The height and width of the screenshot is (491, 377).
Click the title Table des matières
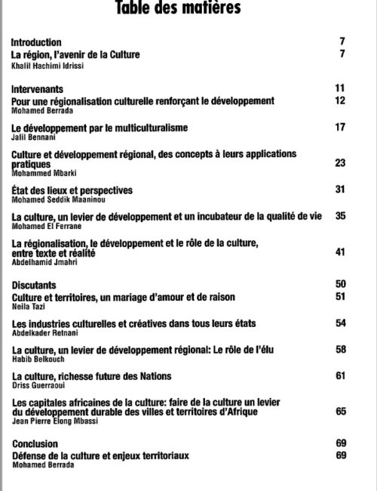178,9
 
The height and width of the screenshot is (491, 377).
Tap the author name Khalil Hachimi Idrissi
50,66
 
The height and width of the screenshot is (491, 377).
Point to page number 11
339,89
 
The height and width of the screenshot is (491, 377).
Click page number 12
339,100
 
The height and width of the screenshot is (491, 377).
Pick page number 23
339,162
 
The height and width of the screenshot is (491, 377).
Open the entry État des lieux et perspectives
72,190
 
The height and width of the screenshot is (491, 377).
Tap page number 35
339,216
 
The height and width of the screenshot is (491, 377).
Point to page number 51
339,297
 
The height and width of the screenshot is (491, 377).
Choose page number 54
339,323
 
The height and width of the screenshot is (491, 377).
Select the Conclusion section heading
35,444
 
